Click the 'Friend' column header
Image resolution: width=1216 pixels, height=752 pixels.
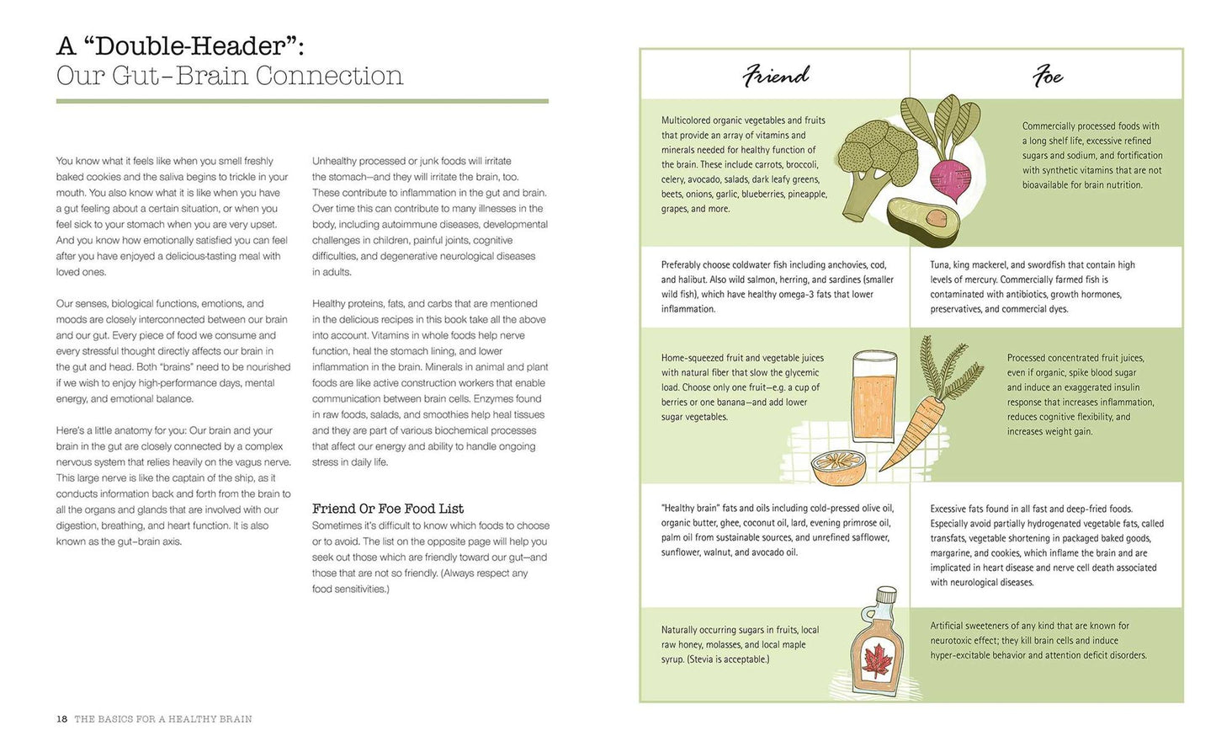pos(776,75)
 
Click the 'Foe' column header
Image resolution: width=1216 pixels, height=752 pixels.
pos(1048,76)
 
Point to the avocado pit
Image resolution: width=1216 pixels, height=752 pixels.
pos(937,218)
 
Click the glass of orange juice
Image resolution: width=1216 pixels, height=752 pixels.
pos(874,397)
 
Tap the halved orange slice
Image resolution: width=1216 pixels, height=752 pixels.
pos(839,468)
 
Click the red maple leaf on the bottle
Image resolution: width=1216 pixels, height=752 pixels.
pos(876,661)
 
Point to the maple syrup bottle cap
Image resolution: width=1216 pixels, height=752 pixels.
pos(886,594)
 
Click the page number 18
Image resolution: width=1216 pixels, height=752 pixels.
pos(62,719)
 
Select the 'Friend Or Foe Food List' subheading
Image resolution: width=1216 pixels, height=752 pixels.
pos(388,509)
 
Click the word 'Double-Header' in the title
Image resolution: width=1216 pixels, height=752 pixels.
pos(190,45)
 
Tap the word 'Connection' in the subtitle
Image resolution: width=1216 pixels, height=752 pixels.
pos(330,76)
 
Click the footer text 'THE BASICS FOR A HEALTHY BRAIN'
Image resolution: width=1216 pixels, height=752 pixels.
pos(163,719)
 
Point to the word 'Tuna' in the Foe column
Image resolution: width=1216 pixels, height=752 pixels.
pos(940,264)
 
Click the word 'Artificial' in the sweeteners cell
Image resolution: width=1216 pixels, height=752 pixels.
pos(948,626)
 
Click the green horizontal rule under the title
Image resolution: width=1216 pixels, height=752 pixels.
pos(302,101)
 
